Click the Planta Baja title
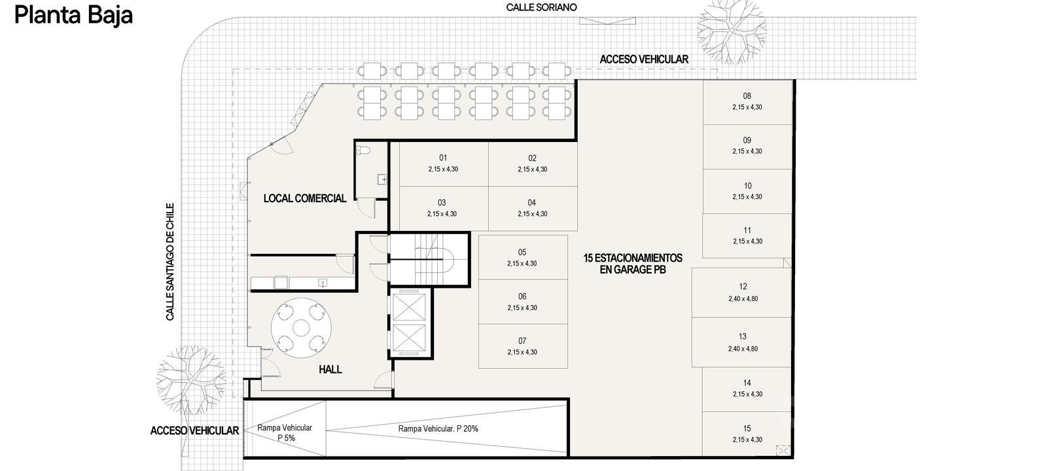tap(73, 16)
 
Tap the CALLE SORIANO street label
tap(541, 7)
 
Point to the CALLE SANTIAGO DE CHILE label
tap(170, 262)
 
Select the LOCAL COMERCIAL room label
tap(305, 198)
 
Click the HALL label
tap(330, 369)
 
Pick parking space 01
tap(444, 164)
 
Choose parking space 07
tap(523, 346)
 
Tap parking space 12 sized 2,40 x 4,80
tap(742, 292)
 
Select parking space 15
tap(747, 434)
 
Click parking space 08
tap(747, 102)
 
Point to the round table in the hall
tap(301, 328)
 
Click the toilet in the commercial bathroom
tap(363, 150)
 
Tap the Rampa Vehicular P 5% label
tap(285, 432)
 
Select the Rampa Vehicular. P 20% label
tap(438, 428)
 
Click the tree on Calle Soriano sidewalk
tap(732, 31)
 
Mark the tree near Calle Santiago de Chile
tap(190, 380)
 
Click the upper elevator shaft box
tap(409, 307)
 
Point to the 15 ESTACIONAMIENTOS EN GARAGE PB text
tap(632, 264)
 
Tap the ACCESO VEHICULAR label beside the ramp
tap(194, 430)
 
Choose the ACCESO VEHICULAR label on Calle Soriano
tap(644, 60)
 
